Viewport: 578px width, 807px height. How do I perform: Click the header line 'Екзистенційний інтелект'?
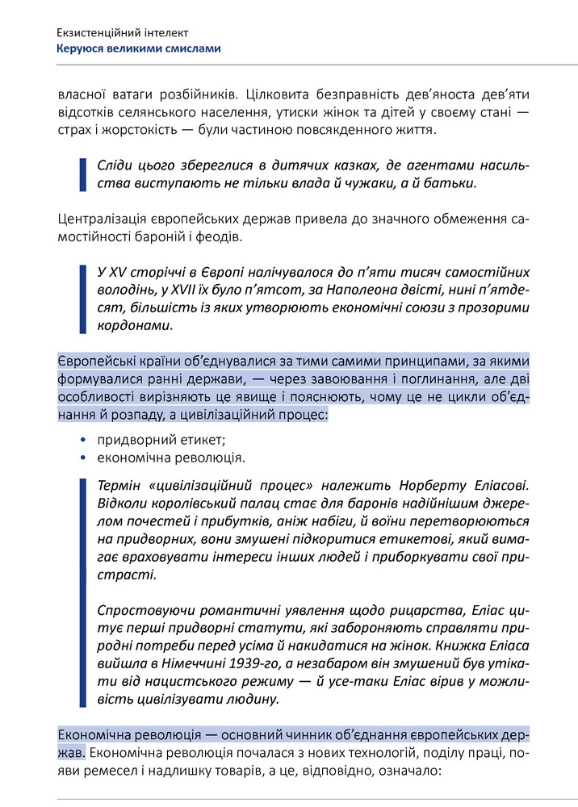[123, 33]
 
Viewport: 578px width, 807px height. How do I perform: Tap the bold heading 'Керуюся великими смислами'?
[138, 48]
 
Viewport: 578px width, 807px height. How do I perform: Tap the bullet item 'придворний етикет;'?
[161, 440]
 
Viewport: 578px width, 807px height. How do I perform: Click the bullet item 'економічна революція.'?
[171, 458]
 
